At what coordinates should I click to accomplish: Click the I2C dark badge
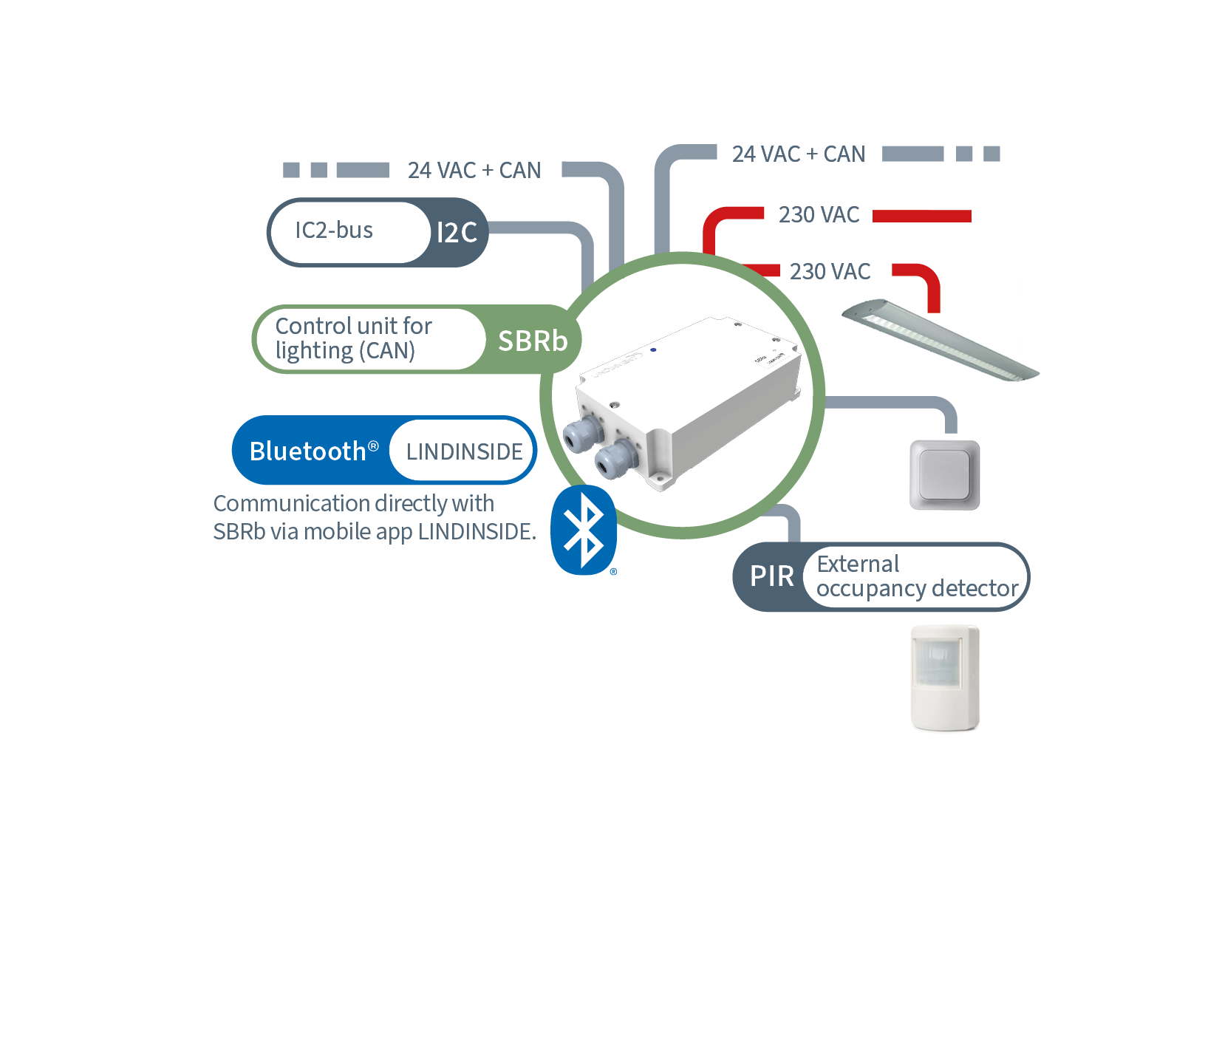(x=457, y=232)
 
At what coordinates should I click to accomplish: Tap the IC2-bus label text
(x=334, y=231)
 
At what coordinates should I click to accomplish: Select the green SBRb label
(x=533, y=341)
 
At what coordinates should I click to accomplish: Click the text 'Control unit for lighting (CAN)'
(x=353, y=338)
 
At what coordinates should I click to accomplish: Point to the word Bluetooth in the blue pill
(x=308, y=451)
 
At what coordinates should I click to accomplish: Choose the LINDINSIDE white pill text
(x=464, y=451)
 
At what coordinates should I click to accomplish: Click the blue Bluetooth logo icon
(x=584, y=530)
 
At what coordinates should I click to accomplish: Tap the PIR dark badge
(x=771, y=576)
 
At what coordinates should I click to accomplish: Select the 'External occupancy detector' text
(x=917, y=576)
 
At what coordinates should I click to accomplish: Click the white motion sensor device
(x=945, y=678)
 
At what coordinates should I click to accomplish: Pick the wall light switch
(x=945, y=475)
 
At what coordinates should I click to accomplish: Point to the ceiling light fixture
(x=940, y=339)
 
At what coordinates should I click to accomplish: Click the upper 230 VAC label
(x=819, y=215)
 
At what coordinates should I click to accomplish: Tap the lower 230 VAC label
(x=830, y=272)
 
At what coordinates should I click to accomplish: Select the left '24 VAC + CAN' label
(x=474, y=171)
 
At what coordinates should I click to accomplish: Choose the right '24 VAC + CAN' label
(x=799, y=154)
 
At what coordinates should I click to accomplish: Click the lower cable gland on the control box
(x=615, y=458)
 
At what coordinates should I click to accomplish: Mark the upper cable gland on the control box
(x=582, y=432)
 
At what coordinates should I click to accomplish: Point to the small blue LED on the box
(x=653, y=349)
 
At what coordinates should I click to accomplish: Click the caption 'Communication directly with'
(x=354, y=504)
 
